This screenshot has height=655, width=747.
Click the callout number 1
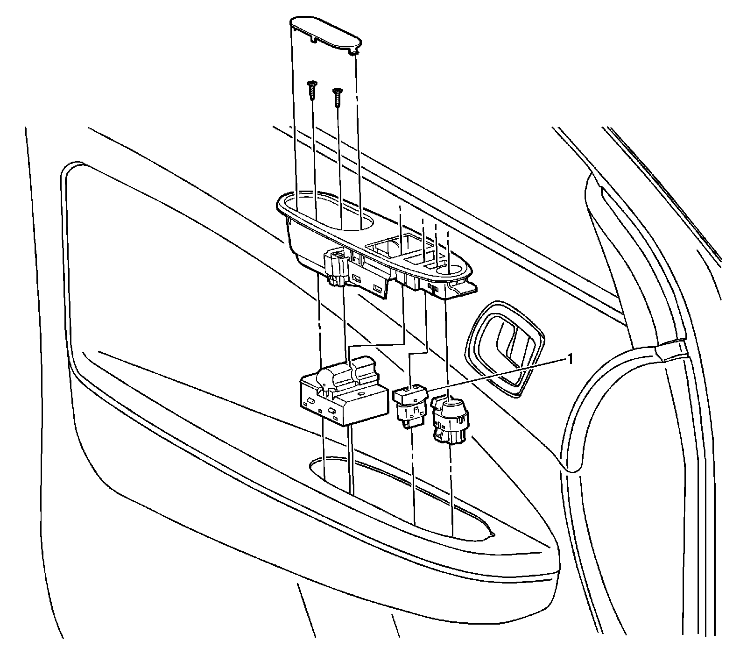tap(569, 358)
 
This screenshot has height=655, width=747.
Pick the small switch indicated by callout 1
tap(410, 394)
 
